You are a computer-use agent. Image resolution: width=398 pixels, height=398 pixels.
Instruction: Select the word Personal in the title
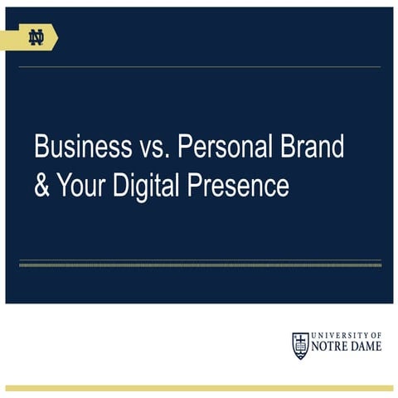pos(225,148)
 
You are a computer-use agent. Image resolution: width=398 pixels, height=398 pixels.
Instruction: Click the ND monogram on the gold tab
pos(36,37)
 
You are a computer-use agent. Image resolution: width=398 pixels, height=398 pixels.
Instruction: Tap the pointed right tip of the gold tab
pos(56,37)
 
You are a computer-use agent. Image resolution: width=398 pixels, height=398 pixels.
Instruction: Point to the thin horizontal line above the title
pos(199,67)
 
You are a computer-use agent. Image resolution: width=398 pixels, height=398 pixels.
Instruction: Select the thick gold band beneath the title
pos(199,264)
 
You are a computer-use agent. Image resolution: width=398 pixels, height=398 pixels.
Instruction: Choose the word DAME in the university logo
pos(366,347)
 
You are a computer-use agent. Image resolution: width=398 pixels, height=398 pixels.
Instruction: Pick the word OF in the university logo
pos(376,335)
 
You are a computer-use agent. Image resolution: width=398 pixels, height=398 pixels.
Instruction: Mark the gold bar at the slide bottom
pos(199,387)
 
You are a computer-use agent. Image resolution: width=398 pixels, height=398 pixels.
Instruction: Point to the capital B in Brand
pos(284,148)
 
